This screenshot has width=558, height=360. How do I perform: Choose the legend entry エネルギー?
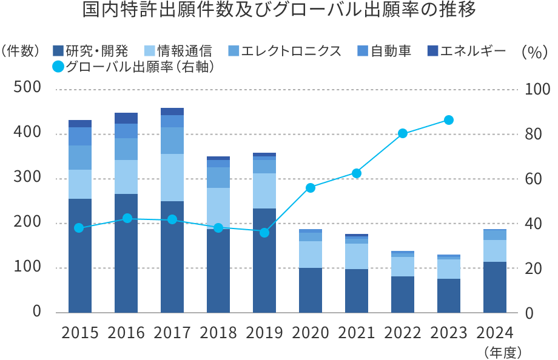[x=467, y=51]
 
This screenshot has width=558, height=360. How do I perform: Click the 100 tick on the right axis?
[x=537, y=89]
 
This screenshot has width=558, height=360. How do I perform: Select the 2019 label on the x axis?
[x=264, y=333]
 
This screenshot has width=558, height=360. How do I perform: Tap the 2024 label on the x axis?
[x=494, y=333]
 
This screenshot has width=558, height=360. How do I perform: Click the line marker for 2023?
[x=449, y=120]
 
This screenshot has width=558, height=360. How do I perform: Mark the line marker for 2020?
[x=311, y=188]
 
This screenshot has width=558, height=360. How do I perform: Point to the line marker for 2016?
[x=126, y=218]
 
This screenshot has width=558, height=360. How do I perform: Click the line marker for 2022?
[x=403, y=134]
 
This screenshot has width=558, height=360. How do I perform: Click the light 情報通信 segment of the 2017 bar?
[x=172, y=177]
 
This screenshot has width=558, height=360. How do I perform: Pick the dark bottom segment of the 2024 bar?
[x=494, y=287]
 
